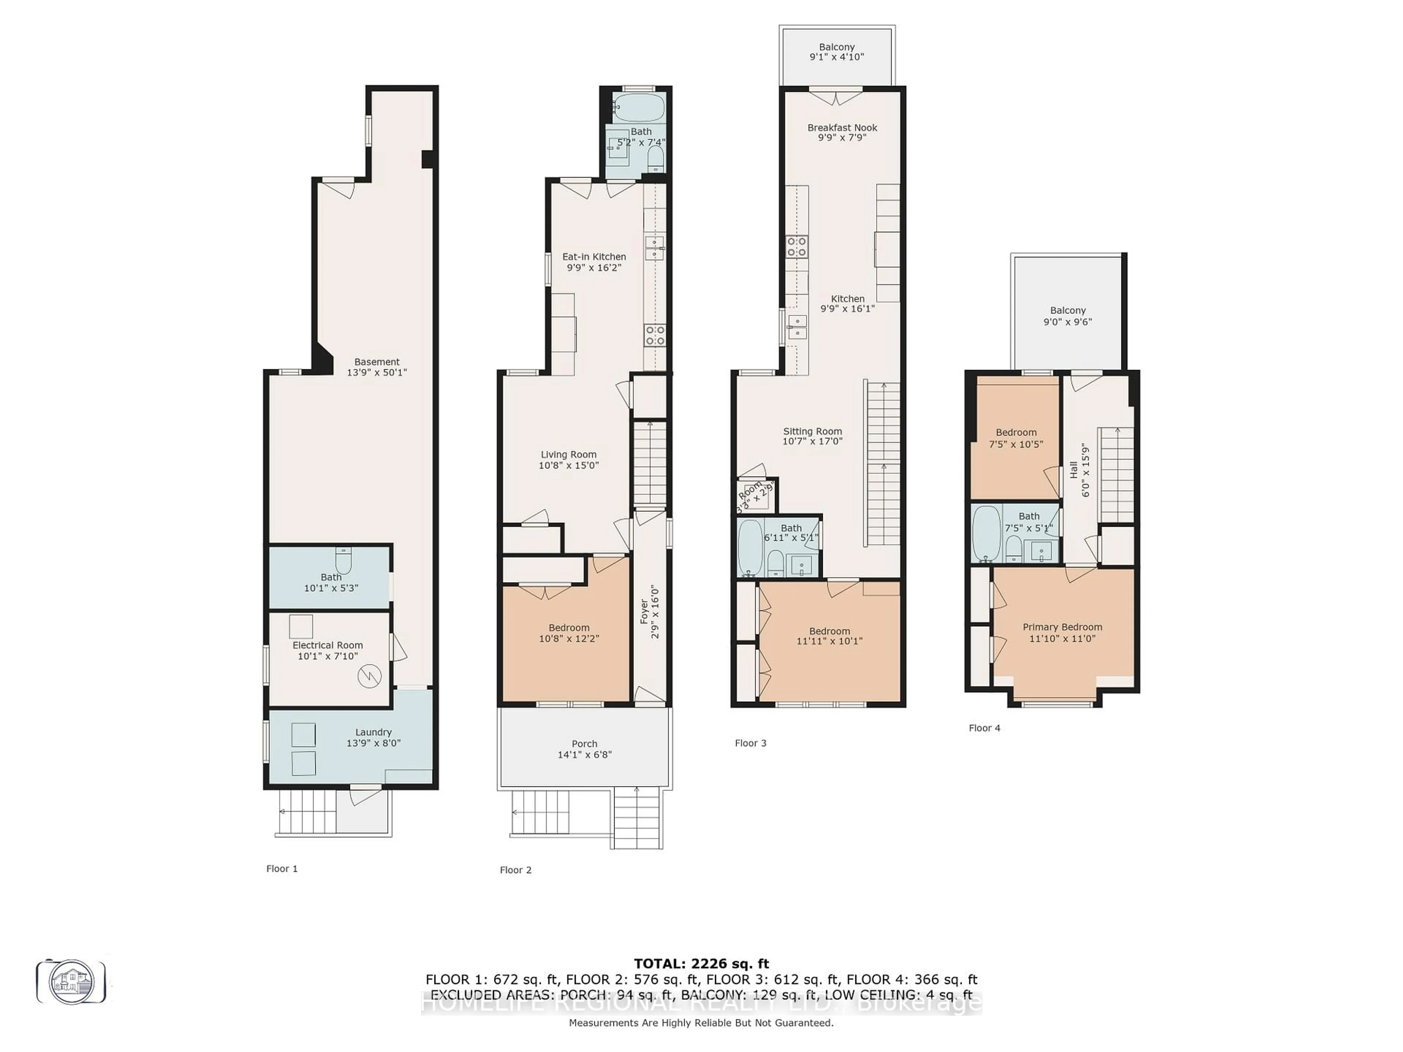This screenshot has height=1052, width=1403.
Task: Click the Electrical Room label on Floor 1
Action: click(327, 645)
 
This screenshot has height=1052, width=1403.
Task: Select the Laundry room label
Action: click(373, 732)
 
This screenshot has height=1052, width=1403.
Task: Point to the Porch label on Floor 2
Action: click(584, 743)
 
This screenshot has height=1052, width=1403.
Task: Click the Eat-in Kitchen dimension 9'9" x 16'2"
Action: click(594, 268)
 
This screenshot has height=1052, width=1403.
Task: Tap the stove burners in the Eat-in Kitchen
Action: click(655, 335)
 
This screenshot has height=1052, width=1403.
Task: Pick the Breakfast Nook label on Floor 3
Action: click(842, 127)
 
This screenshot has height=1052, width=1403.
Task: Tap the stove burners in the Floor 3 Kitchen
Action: click(796, 246)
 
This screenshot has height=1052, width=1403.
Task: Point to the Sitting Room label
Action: click(812, 431)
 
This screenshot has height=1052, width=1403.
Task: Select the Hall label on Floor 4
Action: click(1073, 470)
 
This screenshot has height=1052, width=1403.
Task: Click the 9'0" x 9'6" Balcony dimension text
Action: click(1068, 321)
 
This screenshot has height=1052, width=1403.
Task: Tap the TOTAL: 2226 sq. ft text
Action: click(701, 964)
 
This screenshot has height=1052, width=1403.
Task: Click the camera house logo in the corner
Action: click(71, 982)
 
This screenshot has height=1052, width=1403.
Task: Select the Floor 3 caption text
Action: click(750, 743)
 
